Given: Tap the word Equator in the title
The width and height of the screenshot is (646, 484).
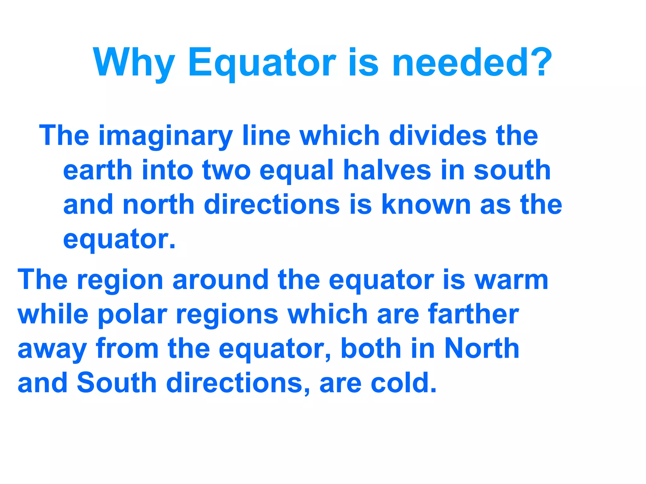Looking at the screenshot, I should click(262, 63).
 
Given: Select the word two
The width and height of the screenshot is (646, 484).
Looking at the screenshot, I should click(226, 171).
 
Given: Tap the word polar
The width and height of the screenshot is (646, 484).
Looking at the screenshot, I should click(132, 315).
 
